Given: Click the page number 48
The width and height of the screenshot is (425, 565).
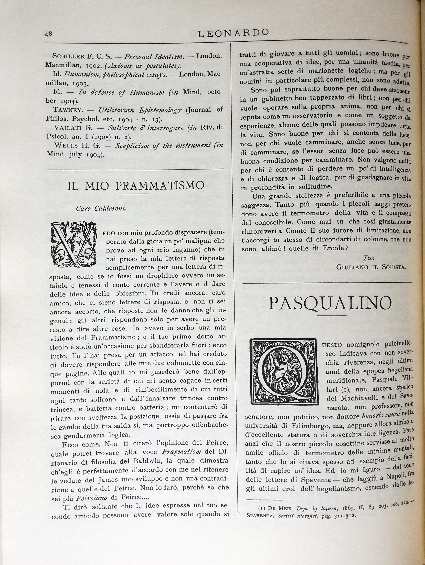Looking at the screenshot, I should pyautogui.click(x=48, y=34).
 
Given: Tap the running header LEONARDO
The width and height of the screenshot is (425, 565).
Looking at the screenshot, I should pyautogui.click(x=233, y=33).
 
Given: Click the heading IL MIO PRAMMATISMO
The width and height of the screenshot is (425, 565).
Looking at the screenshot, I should pyautogui.click(x=136, y=186).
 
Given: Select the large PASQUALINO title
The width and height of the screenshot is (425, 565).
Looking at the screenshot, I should pyautogui.click(x=330, y=304).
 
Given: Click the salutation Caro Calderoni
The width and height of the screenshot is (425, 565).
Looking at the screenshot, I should pyautogui.click(x=101, y=209).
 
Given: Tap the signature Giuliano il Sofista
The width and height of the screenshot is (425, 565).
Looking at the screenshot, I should pyautogui.click(x=371, y=267).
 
